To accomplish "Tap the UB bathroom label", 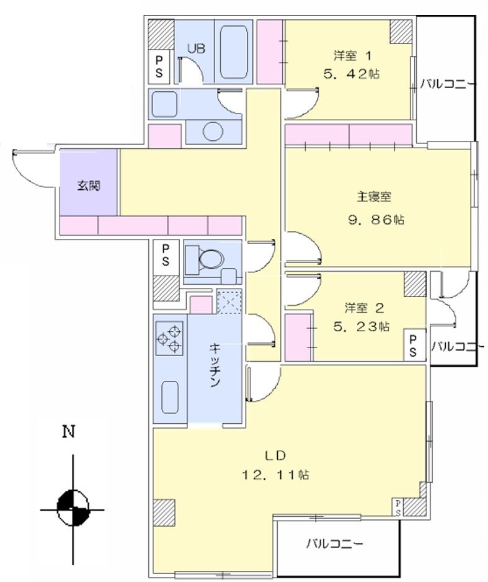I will (x=197, y=48).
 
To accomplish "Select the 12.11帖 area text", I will (x=275, y=475).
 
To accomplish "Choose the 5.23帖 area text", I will (x=360, y=326).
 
